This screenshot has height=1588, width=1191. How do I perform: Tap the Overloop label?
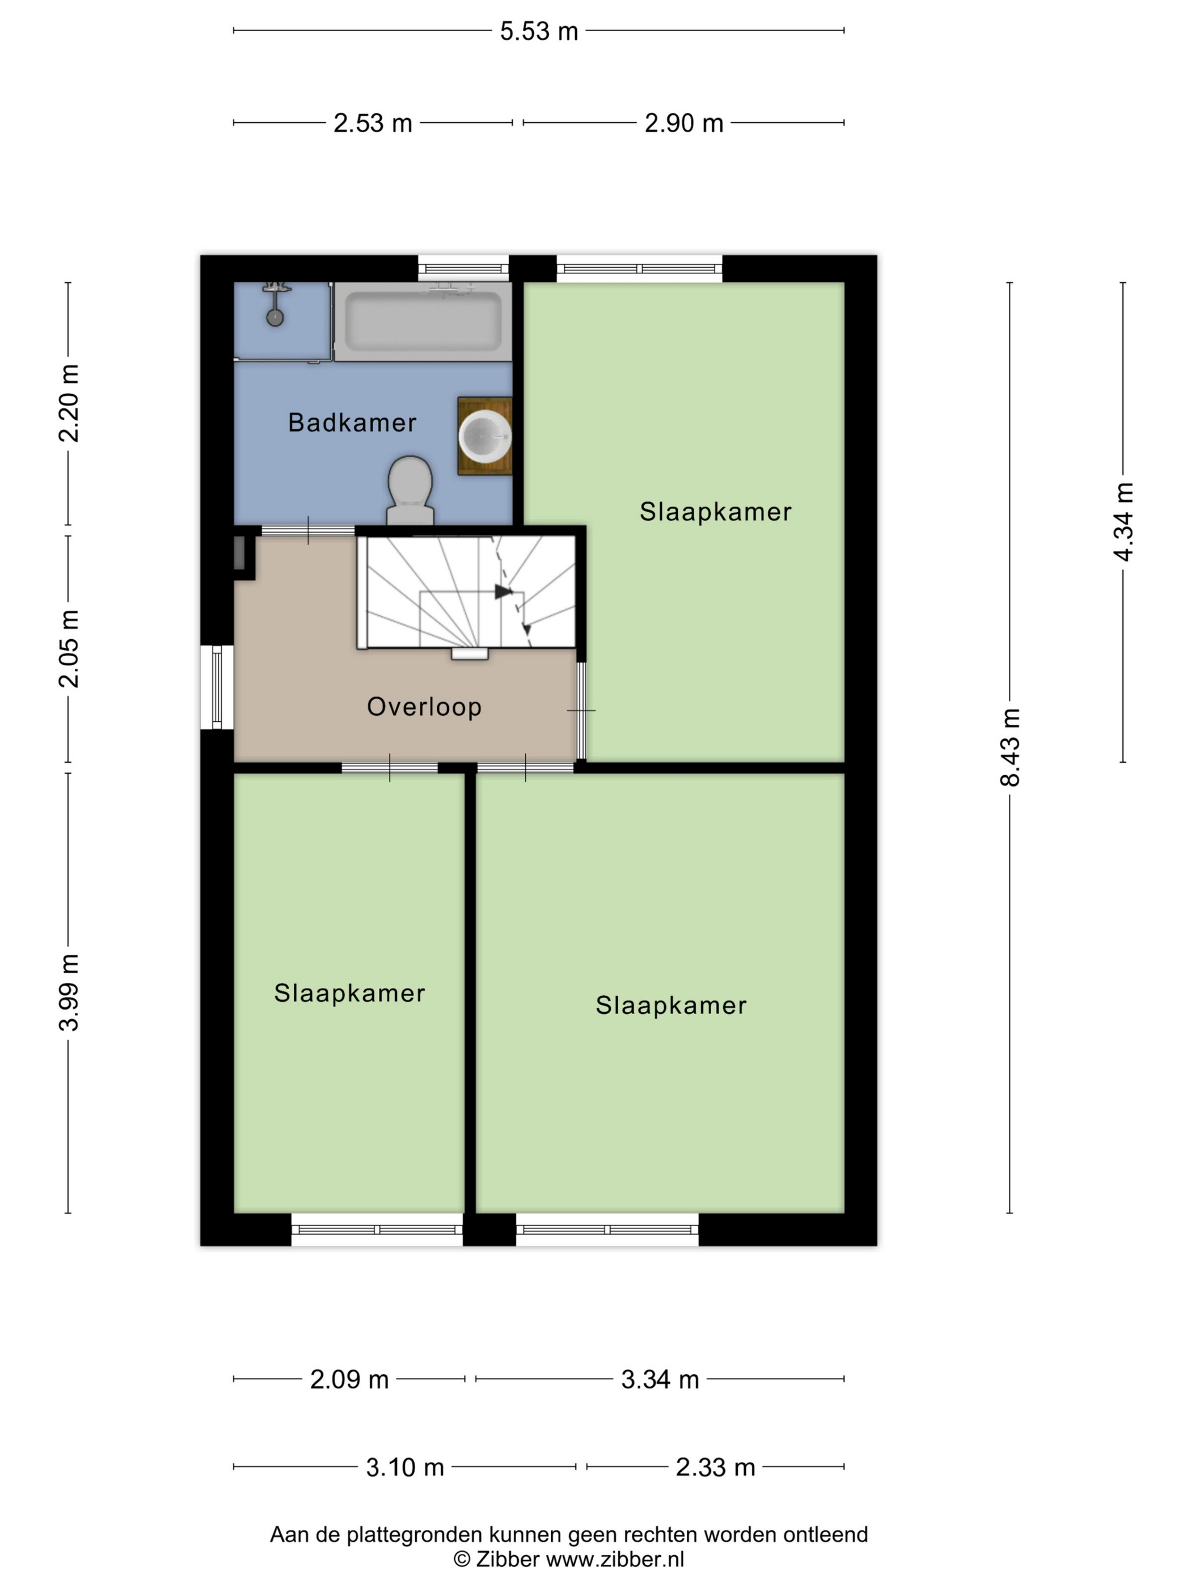[x=424, y=707]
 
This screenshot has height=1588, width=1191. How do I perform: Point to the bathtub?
[x=423, y=322]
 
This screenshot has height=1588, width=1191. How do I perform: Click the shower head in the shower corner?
[x=275, y=316]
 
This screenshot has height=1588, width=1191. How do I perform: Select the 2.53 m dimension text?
[x=373, y=124]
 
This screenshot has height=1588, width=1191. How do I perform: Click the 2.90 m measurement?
[x=683, y=124]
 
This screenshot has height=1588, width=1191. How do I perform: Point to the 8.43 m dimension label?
[x=1010, y=747]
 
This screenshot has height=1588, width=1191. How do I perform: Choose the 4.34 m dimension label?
[x=1123, y=522]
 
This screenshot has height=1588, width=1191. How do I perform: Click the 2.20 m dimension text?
[x=69, y=403]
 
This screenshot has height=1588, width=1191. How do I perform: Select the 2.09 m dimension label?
[x=349, y=1380]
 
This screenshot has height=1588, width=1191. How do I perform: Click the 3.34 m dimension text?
[x=660, y=1380]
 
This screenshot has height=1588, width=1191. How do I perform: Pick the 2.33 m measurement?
[x=715, y=1467]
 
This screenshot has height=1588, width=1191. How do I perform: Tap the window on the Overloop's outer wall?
[x=217, y=687]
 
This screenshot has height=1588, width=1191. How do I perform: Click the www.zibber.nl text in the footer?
[x=615, y=1559]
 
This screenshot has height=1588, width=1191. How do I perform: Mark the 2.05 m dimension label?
[x=69, y=648]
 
